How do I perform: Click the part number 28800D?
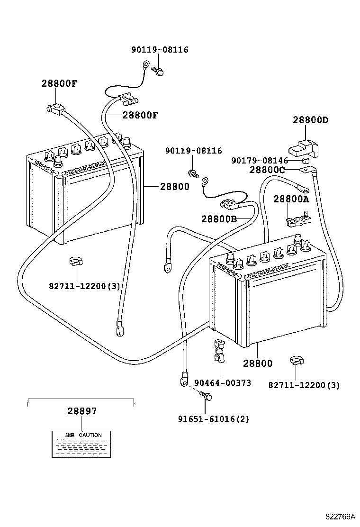tap(310, 120)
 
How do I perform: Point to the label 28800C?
tap(267, 170)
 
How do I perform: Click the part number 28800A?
tap(291, 200)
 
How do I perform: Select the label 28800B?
tap(218, 218)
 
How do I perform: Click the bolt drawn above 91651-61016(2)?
tap(205, 396)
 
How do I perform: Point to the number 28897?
tap(81, 411)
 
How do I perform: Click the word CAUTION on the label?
tap(90, 435)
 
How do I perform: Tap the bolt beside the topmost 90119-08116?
tap(158, 71)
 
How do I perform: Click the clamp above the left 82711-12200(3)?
tap(75, 262)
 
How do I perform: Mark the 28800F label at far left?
tap(59, 84)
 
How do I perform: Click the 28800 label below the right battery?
tap(258, 363)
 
